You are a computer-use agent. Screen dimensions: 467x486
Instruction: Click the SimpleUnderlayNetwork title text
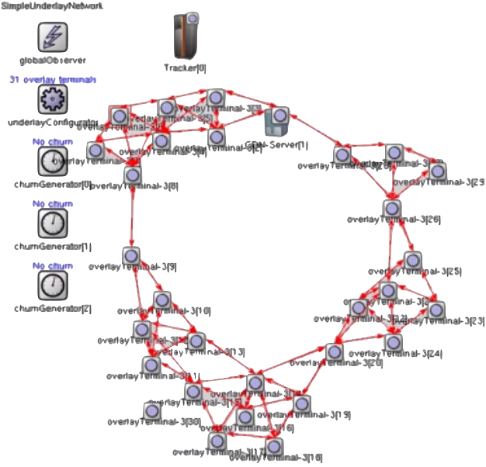43,5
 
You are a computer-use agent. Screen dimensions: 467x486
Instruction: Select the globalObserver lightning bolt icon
53,36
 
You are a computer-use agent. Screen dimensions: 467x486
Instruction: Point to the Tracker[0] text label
185,68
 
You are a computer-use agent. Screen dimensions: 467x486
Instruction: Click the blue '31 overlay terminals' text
53,80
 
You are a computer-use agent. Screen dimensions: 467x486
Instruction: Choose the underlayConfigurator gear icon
53,99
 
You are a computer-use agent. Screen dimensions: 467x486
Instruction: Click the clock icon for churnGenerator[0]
53,161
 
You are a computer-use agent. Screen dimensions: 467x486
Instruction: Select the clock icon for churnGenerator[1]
53,223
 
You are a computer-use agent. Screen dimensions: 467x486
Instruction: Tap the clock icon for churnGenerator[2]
53,285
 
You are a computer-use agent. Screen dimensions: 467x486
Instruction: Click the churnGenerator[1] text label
53,247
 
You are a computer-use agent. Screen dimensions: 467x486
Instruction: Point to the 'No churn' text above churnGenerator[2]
53,266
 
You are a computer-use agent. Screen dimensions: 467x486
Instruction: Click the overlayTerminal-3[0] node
132,176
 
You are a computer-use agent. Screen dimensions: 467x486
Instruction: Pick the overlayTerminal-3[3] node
130,256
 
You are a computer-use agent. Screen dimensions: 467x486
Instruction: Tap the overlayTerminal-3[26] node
392,208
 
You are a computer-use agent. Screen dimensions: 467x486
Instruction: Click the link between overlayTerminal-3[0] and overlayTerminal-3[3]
131,216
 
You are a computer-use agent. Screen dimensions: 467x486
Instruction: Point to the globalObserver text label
53,59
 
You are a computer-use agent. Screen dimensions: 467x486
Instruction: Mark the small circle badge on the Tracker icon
193,18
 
